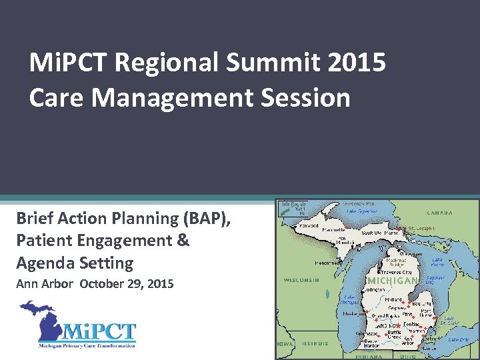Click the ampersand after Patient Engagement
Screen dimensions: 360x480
183,240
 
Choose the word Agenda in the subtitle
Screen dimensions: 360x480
45,263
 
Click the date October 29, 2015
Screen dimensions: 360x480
127,284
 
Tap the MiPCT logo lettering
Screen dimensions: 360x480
100,331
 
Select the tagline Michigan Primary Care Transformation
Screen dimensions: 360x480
87,345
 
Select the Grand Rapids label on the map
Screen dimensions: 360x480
387,315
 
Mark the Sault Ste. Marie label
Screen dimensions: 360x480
380,233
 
